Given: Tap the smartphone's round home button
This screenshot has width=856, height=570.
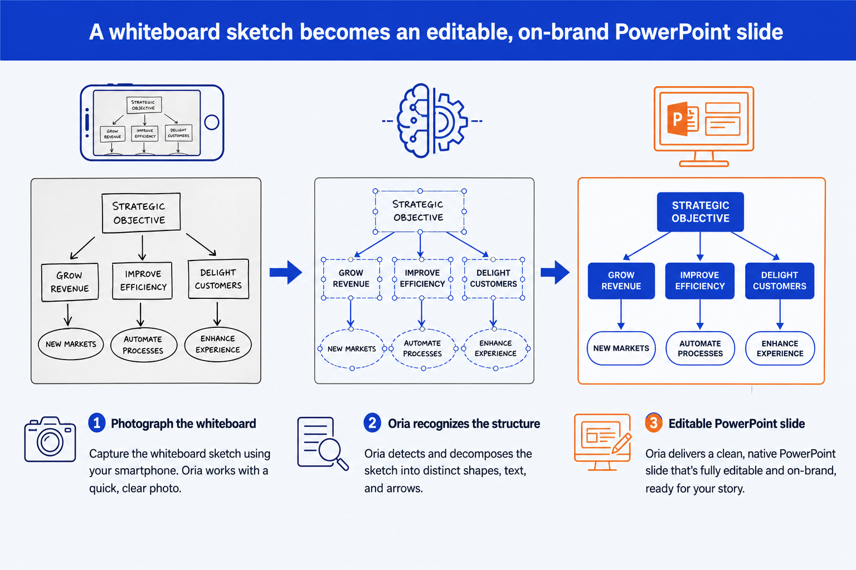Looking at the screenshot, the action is pos(211,122).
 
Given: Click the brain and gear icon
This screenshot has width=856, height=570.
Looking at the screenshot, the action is pos(432,121).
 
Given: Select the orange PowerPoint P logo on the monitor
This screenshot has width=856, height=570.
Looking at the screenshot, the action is pos(683,119).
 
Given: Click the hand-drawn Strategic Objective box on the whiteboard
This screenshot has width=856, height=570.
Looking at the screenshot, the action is pos(141,213).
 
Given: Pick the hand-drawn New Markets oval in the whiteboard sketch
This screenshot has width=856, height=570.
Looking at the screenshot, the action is pos(71,344).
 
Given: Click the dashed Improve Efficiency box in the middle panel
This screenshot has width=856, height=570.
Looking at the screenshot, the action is pos(422,278).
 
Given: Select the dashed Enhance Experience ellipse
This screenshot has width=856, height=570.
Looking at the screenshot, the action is pos(495,348).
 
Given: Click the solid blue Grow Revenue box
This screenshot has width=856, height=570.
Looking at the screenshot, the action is pos(621,281).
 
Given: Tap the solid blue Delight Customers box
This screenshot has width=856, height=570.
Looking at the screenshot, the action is pos(780,281).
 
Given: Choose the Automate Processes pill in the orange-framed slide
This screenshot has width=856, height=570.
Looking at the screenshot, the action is pos(700,348).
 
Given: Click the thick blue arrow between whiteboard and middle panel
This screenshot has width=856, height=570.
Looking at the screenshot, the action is pos(286,272).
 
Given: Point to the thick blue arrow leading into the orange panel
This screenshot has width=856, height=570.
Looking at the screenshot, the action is pos(555,272).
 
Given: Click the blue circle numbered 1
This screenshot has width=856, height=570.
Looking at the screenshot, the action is pos(96,423).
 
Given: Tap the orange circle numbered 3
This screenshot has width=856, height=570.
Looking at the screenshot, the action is pos(654,423).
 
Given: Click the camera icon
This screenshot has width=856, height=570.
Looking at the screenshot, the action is pos(50,439).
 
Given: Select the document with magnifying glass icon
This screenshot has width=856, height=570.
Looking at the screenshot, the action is pos(323,444).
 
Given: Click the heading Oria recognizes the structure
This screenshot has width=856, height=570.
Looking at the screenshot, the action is pos(464,424).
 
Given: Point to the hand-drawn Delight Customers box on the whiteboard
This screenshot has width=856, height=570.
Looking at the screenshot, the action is pos(218,279).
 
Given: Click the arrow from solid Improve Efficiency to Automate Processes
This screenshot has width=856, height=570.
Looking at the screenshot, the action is pos(700,314).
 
